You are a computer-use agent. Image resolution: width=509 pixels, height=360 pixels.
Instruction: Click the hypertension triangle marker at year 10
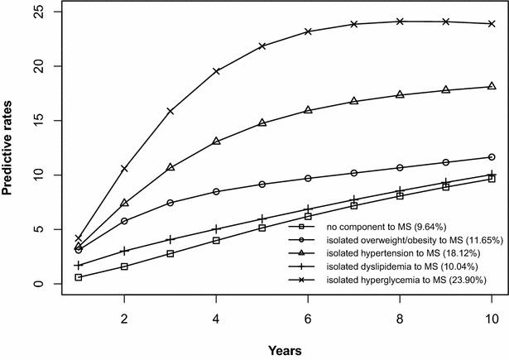492,86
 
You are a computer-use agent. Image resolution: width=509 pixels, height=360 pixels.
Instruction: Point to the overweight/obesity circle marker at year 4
216,191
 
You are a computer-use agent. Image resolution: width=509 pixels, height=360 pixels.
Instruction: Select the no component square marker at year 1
79,277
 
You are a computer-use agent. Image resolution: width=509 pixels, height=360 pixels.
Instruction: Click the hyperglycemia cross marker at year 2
124,168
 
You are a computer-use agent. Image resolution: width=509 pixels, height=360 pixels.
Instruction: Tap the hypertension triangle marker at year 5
262,122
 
